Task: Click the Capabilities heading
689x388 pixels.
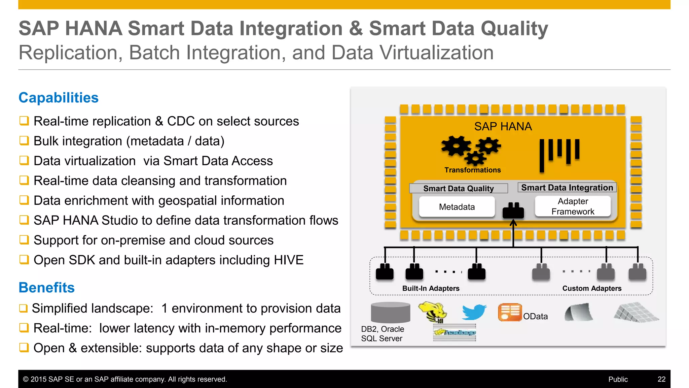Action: point(58,98)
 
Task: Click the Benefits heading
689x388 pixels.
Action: point(46,288)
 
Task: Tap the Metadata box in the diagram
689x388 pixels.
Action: point(457,207)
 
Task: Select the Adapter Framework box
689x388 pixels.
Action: point(573,206)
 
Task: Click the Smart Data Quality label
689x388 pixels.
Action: point(458,188)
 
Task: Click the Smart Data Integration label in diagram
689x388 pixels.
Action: point(567,188)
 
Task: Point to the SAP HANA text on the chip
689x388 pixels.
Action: point(503,126)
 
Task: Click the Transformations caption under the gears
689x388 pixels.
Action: point(472,170)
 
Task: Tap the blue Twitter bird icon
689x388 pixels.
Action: point(474,312)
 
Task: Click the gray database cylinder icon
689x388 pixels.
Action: point(390,313)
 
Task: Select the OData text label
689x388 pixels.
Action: point(535,316)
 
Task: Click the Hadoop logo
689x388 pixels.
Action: point(455,333)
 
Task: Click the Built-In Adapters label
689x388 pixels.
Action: point(431,288)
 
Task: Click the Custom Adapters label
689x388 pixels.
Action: point(592,288)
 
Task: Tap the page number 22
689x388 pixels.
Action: point(661,379)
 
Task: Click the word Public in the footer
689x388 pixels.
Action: point(618,379)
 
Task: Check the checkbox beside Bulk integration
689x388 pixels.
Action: point(24,140)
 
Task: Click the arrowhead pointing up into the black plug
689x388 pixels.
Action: point(513,223)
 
